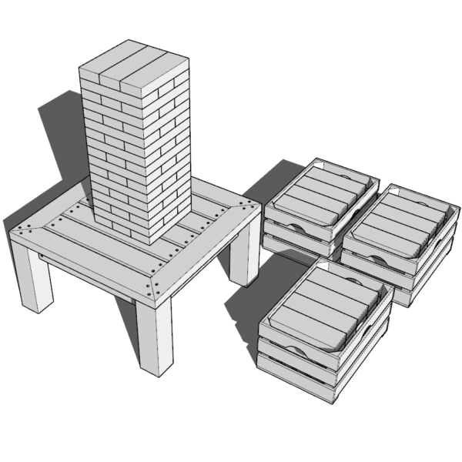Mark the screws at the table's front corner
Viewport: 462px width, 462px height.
pos(152,287)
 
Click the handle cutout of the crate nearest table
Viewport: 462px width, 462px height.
pos(296,226)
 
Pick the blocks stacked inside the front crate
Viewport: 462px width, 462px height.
pos(327,296)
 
